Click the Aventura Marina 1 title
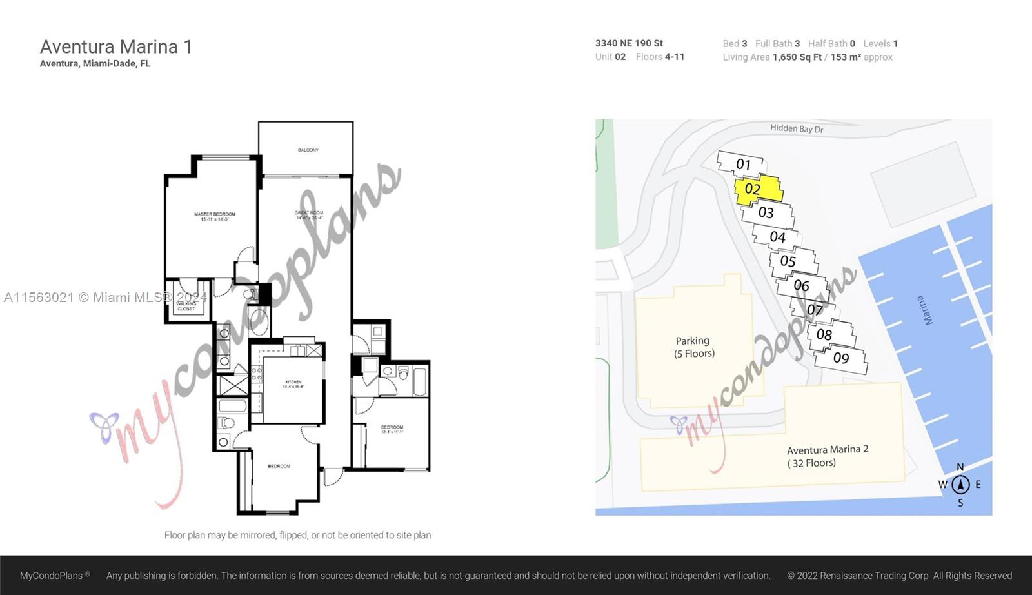pyautogui.click(x=116, y=46)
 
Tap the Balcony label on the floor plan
pyautogui.click(x=308, y=150)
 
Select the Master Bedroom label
pyautogui.click(x=215, y=216)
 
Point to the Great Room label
pyautogui.click(x=309, y=215)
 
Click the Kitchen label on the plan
pyautogui.click(x=293, y=384)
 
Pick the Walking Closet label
pyautogui.click(x=186, y=306)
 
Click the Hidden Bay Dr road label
pyautogui.click(x=797, y=128)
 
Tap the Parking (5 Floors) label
pyautogui.click(x=694, y=347)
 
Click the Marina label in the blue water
pyautogui.click(x=924, y=310)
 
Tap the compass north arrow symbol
pyautogui.click(x=960, y=484)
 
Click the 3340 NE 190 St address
pyautogui.click(x=629, y=43)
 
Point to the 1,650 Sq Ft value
pyautogui.click(x=797, y=57)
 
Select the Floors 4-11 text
pyautogui.click(x=660, y=57)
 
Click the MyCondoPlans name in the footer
pyautogui.click(x=52, y=575)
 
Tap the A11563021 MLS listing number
pyautogui.click(x=39, y=297)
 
